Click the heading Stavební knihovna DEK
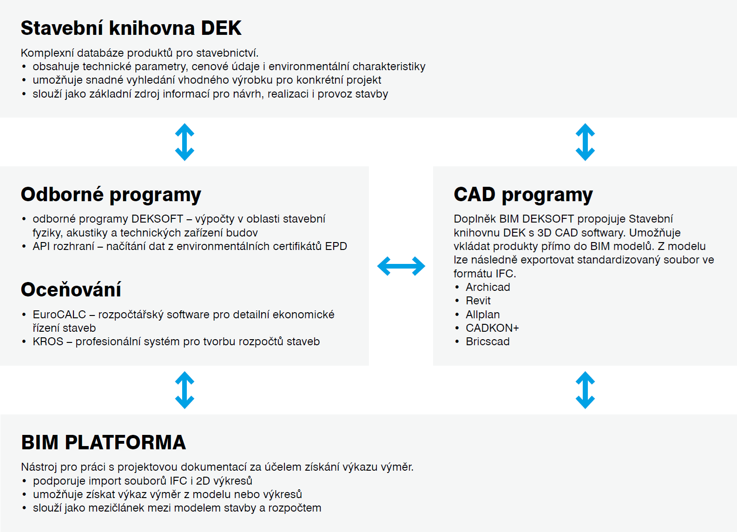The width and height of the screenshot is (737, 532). [x=131, y=28]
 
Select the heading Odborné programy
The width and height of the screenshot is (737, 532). [x=111, y=195]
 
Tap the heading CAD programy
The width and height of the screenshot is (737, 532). [x=523, y=195]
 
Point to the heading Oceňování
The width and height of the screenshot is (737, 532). [x=71, y=289]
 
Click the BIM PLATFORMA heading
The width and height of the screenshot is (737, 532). [x=104, y=442]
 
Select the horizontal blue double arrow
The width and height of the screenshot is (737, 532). [x=401, y=266]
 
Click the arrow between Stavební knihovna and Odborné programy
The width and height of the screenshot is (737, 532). [x=184, y=142]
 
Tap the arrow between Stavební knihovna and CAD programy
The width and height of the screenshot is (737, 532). [x=585, y=142]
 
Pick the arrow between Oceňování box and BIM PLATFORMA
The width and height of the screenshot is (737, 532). [x=184, y=390]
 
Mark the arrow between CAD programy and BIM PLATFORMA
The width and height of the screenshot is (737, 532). [x=585, y=390]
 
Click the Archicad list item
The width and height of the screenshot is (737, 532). [x=487, y=287]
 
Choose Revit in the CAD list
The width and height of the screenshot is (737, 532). [x=478, y=300]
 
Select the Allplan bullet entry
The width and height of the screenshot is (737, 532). [x=483, y=315]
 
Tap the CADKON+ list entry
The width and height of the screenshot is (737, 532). [x=492, y=328]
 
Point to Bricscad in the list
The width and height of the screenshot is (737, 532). [x=487, y=342]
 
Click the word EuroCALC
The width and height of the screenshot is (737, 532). [x=59, y=314]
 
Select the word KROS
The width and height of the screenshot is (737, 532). [x=48, y=342]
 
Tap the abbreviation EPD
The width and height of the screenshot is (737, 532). [x=336, y=246]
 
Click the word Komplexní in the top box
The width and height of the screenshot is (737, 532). [x=46, y=53]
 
